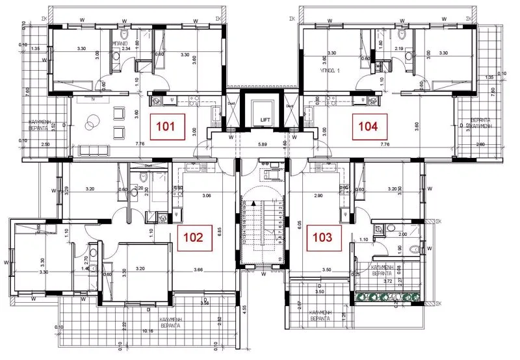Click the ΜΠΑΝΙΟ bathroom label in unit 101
[120, 44]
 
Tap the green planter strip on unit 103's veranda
[389, 298]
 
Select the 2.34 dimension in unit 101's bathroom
[127, 49]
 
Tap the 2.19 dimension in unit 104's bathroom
[398, 49]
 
